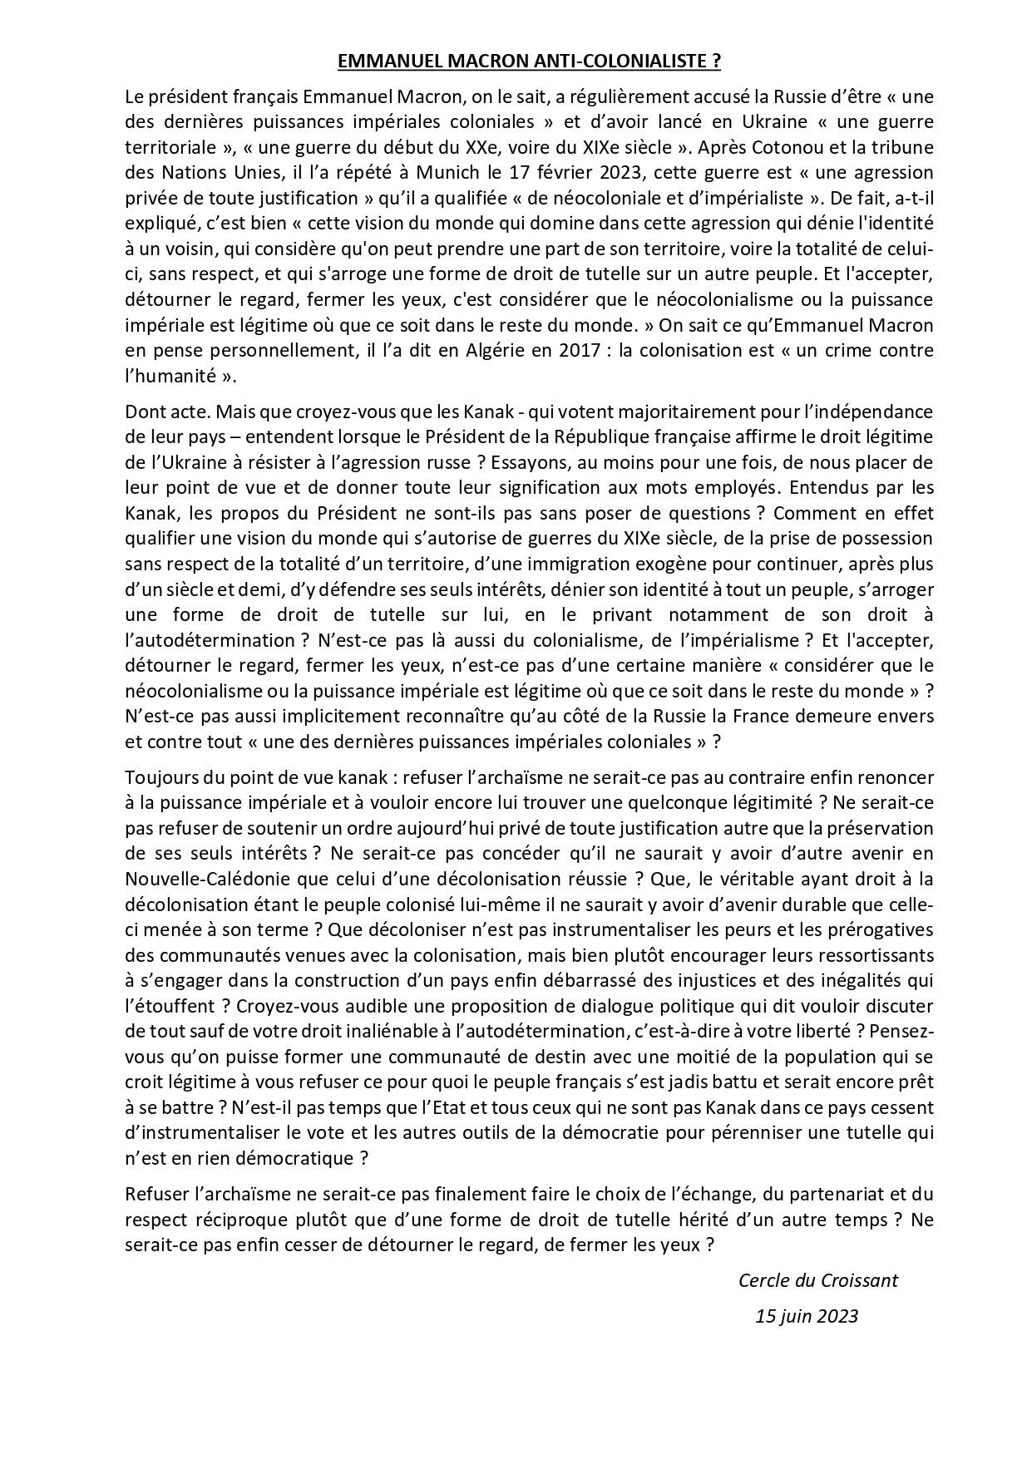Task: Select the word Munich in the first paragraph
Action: tap(452, 173)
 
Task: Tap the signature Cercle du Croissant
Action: tap(817, 1280)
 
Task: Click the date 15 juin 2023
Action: tap(806, 1316)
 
